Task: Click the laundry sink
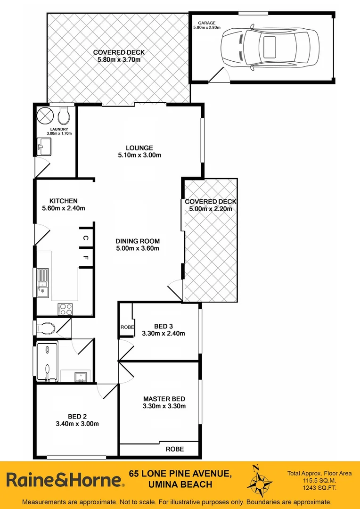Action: click(x=44, y=146)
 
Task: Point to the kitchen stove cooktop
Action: click(x=65, y=309)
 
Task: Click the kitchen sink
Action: click(x=43, y=282)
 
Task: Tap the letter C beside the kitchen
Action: click(x=85, y=238)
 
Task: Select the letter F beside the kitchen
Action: click(x=85, y=258)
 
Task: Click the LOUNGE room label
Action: click(x=139, y=148)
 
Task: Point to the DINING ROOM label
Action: click(x=138, y=241)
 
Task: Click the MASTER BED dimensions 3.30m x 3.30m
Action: click(x=164, y=406)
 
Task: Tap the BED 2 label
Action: click(x=77, y=416)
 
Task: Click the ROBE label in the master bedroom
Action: click(x=174, y=449)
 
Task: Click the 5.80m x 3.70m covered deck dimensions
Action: click(x=119, y=60)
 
